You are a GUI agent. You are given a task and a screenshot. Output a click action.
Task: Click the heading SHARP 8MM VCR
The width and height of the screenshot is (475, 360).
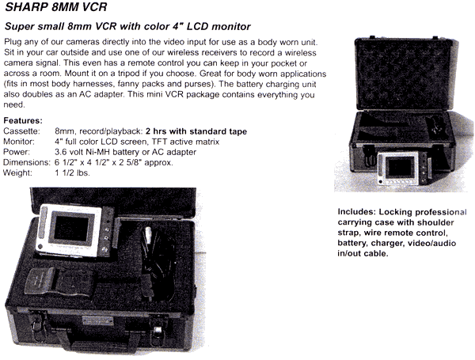[x=56, y=6]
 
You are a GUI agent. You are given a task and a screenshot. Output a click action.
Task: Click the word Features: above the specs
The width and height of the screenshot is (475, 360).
[x=23, y=120]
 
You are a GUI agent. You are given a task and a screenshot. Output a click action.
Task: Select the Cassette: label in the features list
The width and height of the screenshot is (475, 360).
[x=21, y=131]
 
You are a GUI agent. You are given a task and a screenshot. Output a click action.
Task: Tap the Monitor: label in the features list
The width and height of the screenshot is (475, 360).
[x=19, y=142]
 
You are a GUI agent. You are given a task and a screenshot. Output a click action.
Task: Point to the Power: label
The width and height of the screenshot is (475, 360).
[x=17, y=152]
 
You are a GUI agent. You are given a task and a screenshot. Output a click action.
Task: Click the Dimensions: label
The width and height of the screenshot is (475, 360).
[x=27, y=162]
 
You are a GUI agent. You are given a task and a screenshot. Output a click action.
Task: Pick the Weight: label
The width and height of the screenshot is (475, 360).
[x=17, y=172]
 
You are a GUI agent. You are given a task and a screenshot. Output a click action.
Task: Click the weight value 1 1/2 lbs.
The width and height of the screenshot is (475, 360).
[x=72, y=172]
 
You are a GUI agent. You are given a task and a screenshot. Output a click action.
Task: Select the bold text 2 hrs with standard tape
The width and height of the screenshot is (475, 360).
[x=196, y=131]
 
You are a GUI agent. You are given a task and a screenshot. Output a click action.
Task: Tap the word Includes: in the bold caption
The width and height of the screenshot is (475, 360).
[x=357, y=211]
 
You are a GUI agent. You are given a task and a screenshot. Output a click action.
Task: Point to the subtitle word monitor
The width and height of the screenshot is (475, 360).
[x=231, y=26]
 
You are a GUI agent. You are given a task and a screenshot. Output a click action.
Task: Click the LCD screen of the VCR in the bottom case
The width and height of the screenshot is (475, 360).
[x=71, y=229]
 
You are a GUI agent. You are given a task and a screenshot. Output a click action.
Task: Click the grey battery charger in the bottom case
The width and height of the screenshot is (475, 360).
[x=60, y=282]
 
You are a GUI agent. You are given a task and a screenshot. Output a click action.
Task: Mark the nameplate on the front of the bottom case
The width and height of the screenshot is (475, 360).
[x=98, y=320]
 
